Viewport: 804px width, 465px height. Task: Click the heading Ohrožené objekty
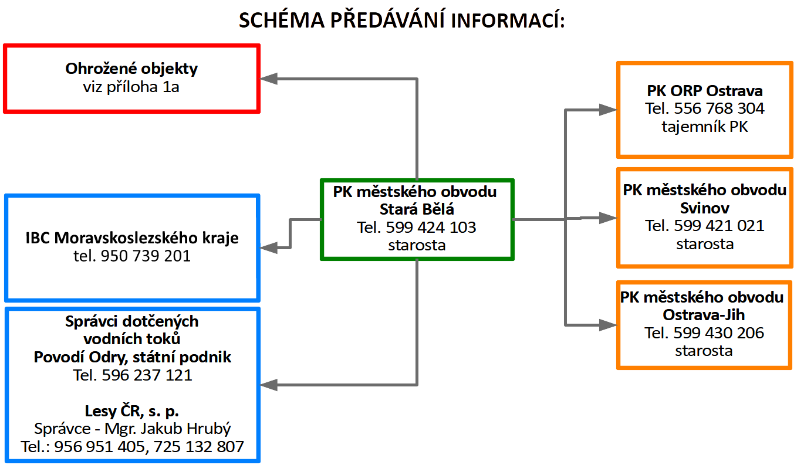(x=131, y=69)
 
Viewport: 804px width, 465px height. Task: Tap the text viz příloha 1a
(x=131, y=87)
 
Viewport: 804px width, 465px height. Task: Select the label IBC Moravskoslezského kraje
(x=132, y=238)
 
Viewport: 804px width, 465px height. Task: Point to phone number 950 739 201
(x=145, y=256)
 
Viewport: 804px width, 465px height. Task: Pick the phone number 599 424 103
(x=431, y=227)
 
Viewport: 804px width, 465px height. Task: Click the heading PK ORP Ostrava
(x=705, y=91)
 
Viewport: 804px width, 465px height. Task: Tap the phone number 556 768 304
(x=719, y=108)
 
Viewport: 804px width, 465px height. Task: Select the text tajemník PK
(x=705, y=126)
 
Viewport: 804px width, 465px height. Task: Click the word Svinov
(x=705, y=208)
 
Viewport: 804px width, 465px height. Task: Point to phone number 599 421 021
(x=719, y=225)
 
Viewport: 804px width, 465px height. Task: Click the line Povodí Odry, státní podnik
(x=132, y=357)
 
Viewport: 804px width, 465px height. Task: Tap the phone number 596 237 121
(x=147, y=375)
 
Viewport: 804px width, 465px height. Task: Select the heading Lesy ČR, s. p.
(x=132, y=410)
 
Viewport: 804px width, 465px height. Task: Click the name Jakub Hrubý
(x=195, y=429)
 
